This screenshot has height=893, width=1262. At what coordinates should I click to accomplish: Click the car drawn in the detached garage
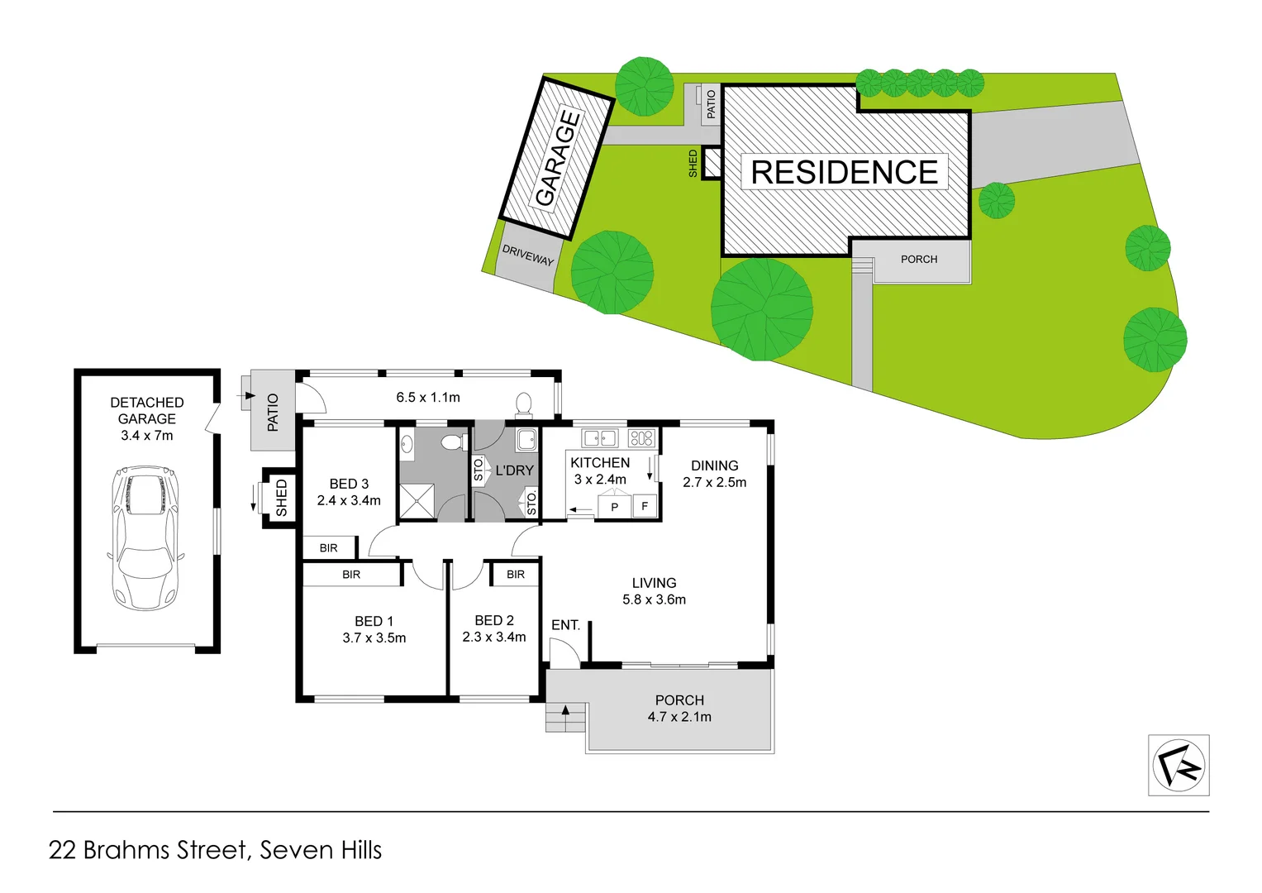(x=145, y=537)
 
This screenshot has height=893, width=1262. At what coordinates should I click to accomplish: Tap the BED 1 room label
(x=374, y=621)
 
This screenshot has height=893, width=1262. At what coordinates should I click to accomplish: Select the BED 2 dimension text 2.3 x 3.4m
(x=494, y=638)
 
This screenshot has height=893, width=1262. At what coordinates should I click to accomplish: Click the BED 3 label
(x=349, y=484)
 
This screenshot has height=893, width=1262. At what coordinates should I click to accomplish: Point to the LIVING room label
(x=654, y=583)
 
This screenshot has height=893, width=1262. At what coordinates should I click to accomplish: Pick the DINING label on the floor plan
(x=715, y=466)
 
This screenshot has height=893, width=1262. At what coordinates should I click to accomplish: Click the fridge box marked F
(x=645, y=506)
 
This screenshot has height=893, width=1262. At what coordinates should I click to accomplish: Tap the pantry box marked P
(x=614, y=507)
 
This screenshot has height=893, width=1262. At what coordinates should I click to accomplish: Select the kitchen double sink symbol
(x=601, y=438)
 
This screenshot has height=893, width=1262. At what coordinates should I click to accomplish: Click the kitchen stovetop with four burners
(x=641, y=438)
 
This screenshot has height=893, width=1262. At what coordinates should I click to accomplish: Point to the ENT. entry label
(x=565, y=625)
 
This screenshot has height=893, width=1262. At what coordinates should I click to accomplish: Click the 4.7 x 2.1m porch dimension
(x=679, y=717)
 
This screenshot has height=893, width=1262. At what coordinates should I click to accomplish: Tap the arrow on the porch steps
(x=566, y=709)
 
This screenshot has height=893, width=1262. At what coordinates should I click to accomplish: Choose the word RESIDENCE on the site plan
(x=844, y=172)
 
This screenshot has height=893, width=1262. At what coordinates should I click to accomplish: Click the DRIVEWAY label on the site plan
(x=528, y=255)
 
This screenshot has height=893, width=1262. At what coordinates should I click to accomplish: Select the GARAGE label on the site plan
(x=557, y=157)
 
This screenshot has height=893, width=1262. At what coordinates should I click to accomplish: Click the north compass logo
(x=1179, y=766)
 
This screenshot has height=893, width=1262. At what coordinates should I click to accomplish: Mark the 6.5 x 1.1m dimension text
(x=428, y=398)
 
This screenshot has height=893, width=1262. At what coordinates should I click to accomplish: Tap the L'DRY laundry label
(x=514, y=470)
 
